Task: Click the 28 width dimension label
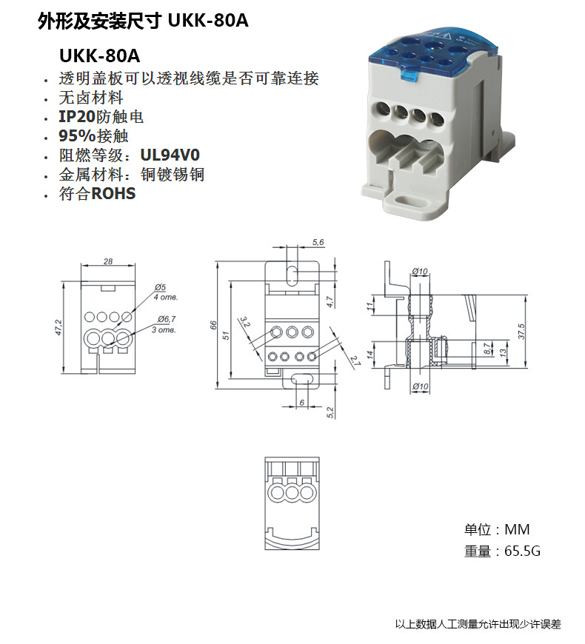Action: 108,261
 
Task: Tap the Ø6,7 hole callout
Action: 164,319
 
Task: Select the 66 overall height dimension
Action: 213,325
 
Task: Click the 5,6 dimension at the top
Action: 319,243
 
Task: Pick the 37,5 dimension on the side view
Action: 521,329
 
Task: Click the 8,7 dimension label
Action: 486,348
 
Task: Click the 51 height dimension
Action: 227,334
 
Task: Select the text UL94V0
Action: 170,155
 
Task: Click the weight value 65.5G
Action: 522,551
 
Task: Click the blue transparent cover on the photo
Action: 426,52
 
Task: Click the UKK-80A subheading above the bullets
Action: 99,56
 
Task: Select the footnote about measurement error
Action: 478,624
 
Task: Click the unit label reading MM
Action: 517,530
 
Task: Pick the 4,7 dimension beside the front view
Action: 330,301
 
